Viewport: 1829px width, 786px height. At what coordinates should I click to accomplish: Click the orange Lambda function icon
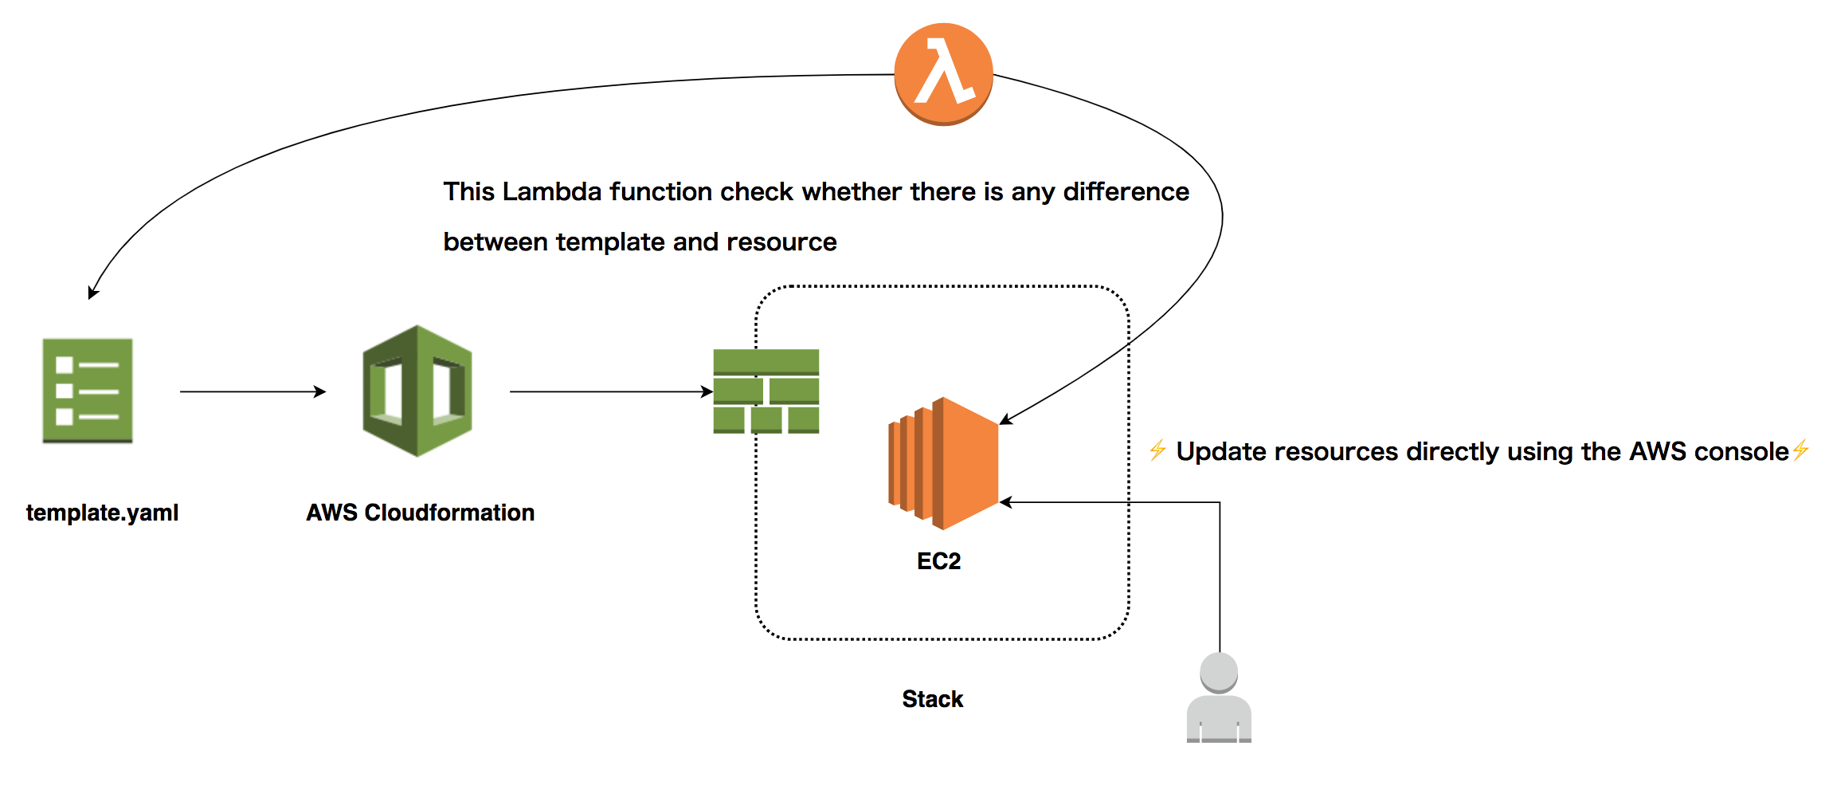943,73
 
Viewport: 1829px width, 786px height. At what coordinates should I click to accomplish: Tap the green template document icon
88,391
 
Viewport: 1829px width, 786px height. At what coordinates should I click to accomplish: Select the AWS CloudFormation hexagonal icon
417,391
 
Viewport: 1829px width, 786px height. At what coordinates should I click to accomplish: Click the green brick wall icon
766,391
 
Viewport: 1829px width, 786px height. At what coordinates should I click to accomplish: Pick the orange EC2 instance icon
944,463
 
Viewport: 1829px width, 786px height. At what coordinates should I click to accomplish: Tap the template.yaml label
102,513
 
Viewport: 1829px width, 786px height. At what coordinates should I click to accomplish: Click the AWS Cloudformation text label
420,513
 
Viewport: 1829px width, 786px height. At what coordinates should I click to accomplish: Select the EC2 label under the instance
938,561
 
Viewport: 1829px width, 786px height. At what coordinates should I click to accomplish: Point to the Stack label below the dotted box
932,699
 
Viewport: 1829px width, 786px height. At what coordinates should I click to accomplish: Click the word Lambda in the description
551,192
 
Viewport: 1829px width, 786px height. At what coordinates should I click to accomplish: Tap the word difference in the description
1126,192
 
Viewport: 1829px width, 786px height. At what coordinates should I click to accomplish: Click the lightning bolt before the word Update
1157,450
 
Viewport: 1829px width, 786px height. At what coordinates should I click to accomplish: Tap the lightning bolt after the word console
1801,450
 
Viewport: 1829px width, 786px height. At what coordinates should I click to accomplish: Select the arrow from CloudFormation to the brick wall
610,391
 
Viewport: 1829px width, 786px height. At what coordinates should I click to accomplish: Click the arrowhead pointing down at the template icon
92,293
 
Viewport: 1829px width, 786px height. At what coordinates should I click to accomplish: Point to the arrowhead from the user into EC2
1006,502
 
